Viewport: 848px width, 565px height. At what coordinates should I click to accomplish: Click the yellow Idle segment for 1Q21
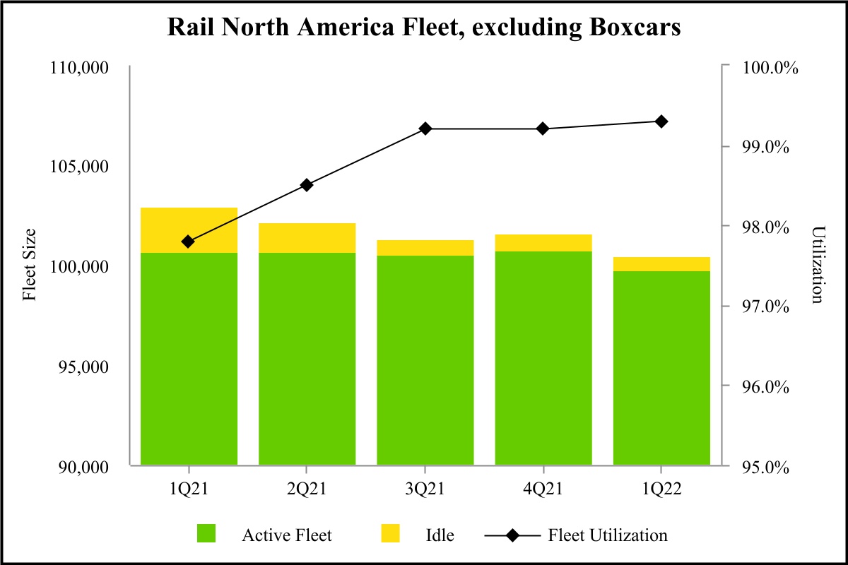[189, 230]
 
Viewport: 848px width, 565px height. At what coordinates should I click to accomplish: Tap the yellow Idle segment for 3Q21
[425, 248]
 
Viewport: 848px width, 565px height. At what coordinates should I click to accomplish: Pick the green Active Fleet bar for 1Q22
[661, 368]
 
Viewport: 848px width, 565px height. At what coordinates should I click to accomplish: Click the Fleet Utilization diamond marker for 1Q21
[188, 242]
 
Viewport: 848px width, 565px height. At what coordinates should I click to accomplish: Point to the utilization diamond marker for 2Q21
[307, 185]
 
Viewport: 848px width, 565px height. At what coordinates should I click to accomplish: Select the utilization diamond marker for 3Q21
[425, 129]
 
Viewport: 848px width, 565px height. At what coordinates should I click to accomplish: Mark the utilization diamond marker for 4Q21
[543, 129]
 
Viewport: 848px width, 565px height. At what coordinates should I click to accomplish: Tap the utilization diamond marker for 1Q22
[661, 121]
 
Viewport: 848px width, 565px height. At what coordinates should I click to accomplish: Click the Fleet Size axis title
[30, 266]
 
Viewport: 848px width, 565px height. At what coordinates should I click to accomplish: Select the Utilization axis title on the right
[818, 266]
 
